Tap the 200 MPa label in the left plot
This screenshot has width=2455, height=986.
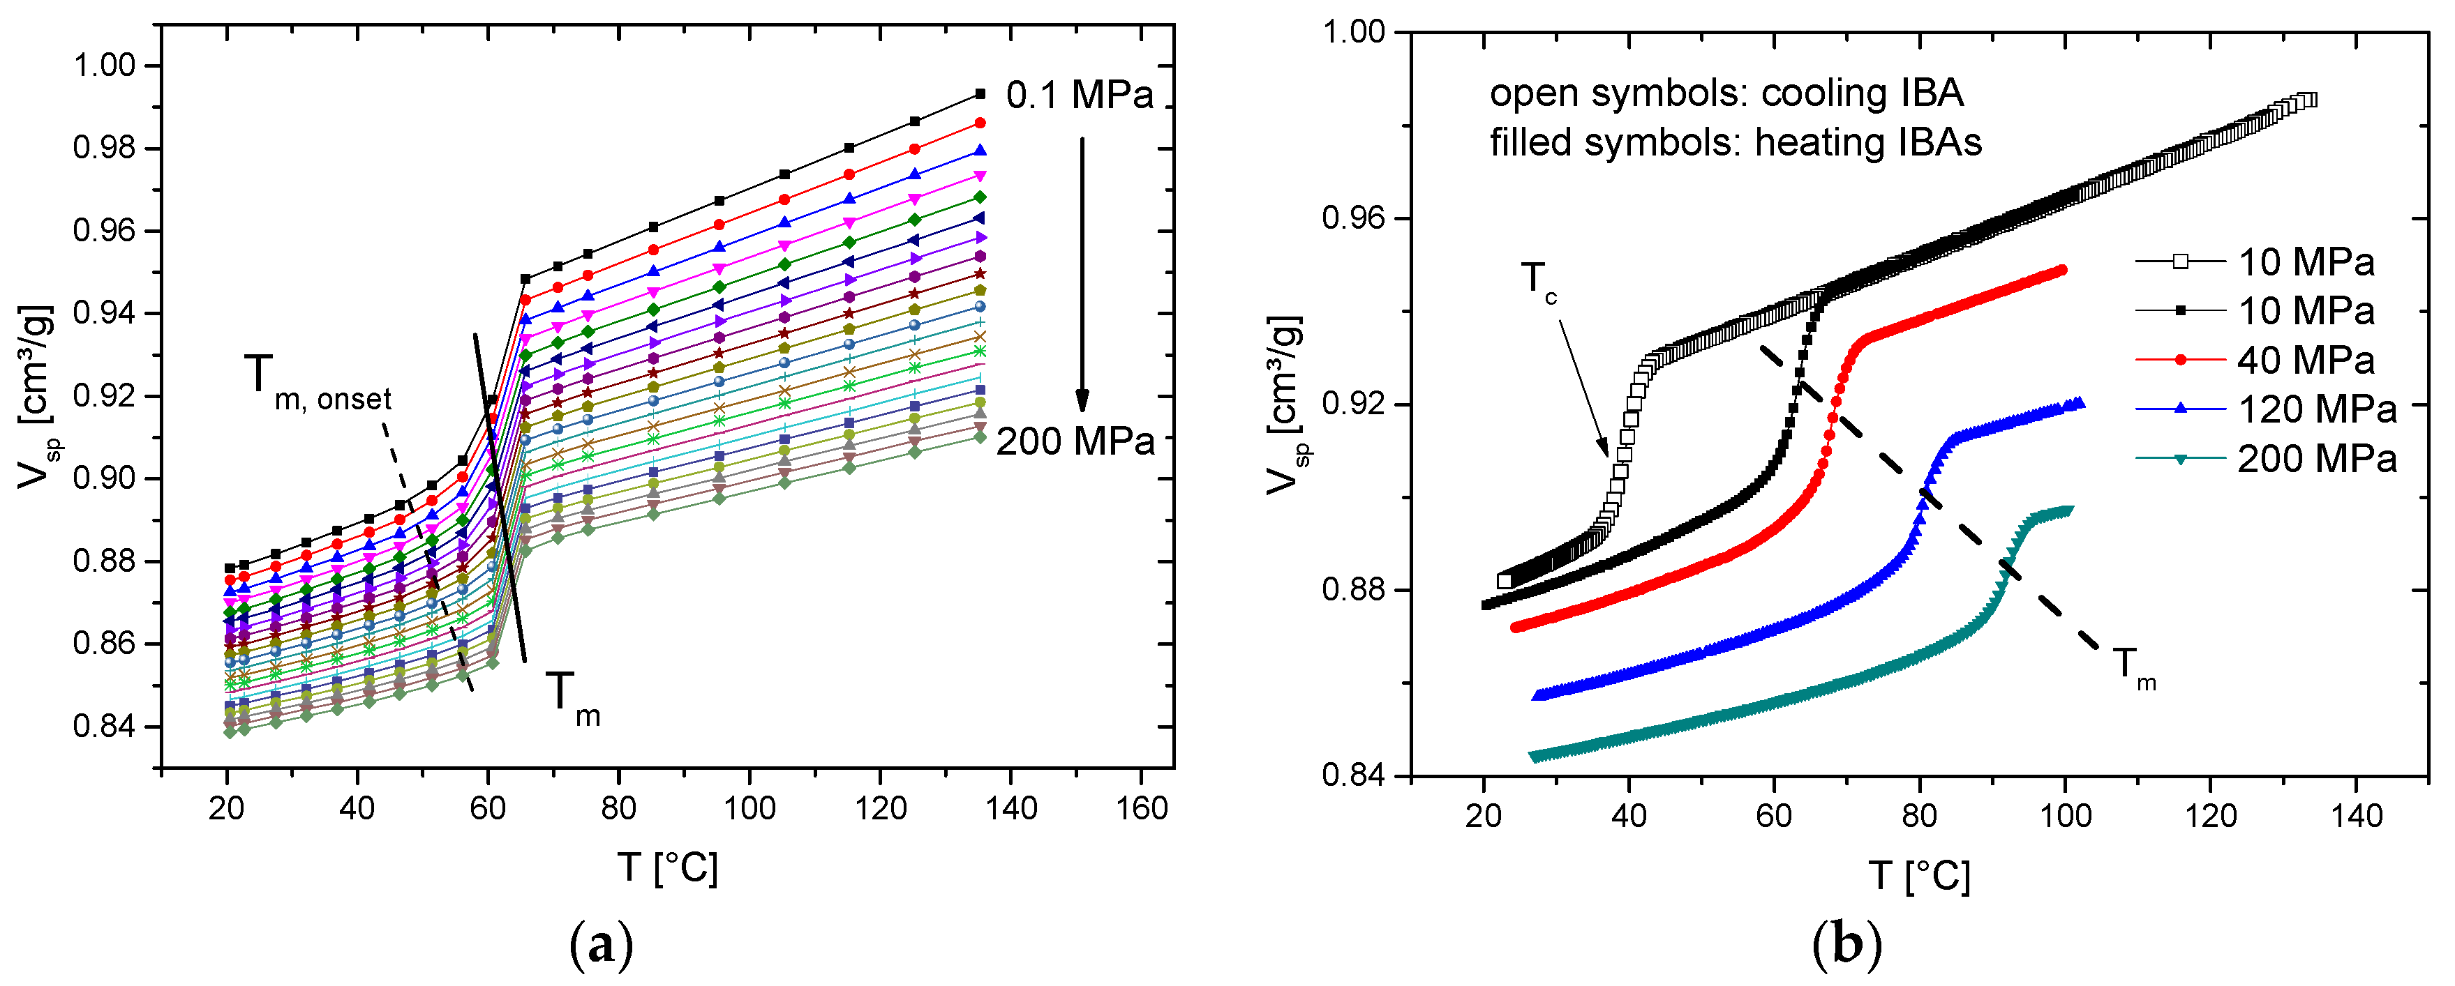click(1075, 442)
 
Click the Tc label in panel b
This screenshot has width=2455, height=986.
click(1539, 283)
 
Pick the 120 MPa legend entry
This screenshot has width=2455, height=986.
click(2316, 409)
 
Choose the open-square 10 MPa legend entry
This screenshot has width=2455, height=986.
click(2306, 262)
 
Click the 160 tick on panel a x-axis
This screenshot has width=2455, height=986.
click(1141, 809)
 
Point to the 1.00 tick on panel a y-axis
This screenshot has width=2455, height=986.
click(105, 66)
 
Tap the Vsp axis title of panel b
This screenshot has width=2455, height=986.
click(1288, 406)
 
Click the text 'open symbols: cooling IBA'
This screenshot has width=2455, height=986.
click(1726, 93)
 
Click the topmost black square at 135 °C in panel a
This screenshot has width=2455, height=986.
click(980, 93)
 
